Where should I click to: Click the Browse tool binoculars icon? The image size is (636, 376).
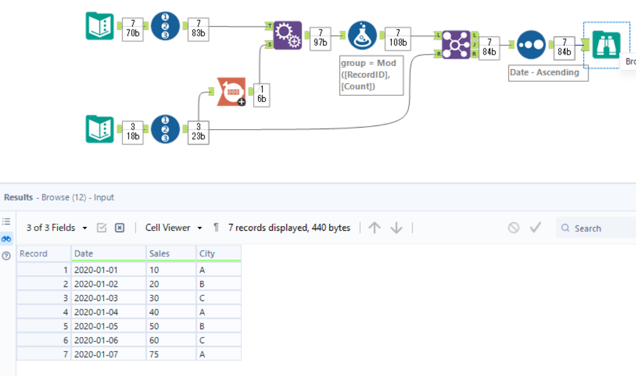tap(606, 45)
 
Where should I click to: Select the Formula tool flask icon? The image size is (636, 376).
tap(362, 35)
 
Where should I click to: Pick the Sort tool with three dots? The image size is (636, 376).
tap(531, 45)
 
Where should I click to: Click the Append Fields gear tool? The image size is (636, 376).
tap(288, 35)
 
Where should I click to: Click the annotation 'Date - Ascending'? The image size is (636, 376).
tap(548, 72)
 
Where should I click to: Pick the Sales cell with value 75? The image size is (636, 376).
tap(170, 355)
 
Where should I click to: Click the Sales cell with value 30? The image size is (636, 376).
tap(170, 298)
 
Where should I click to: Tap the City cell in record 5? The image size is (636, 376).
tap(218, 327)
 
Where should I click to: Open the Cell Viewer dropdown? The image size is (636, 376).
tap(174, 228)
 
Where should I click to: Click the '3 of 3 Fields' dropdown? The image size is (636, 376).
tap(57, 228)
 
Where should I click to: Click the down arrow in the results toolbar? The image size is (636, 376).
tap(397, 228)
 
